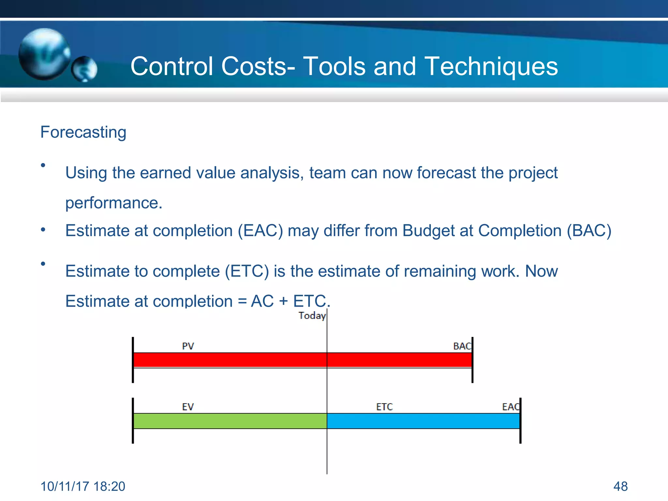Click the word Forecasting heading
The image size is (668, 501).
[x=83, y=132]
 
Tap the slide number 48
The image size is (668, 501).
[x=620, y=486]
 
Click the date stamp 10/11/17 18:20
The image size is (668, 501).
[x=83, y=486]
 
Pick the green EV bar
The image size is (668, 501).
[x=230, y=421]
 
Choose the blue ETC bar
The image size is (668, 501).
[x=423, y=421]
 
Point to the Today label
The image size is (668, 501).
[x=312, y=316]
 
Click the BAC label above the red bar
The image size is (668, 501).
[x=462, y=346]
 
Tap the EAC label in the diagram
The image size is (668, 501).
[x=510, y=407]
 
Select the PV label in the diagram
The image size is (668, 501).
[x=188, y=346]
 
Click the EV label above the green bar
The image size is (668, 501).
[x=188, y=407]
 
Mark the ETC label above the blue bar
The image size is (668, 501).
[x=384, y=407]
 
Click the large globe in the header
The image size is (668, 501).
[x=44, y=54]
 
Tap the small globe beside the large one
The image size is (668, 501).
[x=84, y=69]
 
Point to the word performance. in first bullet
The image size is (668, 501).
[x=114, y=203]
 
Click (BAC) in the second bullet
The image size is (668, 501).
[x=589, y=231]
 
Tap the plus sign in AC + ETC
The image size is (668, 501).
[x=283, y=301]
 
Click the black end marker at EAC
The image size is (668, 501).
[x=520, y=421]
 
